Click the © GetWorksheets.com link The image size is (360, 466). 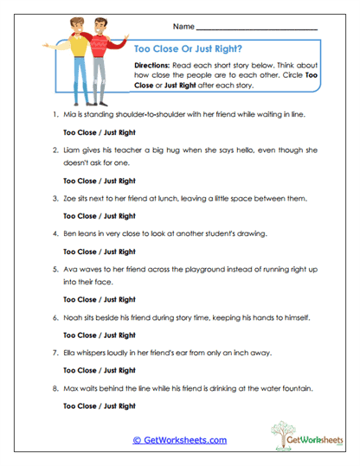pos(180,440)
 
